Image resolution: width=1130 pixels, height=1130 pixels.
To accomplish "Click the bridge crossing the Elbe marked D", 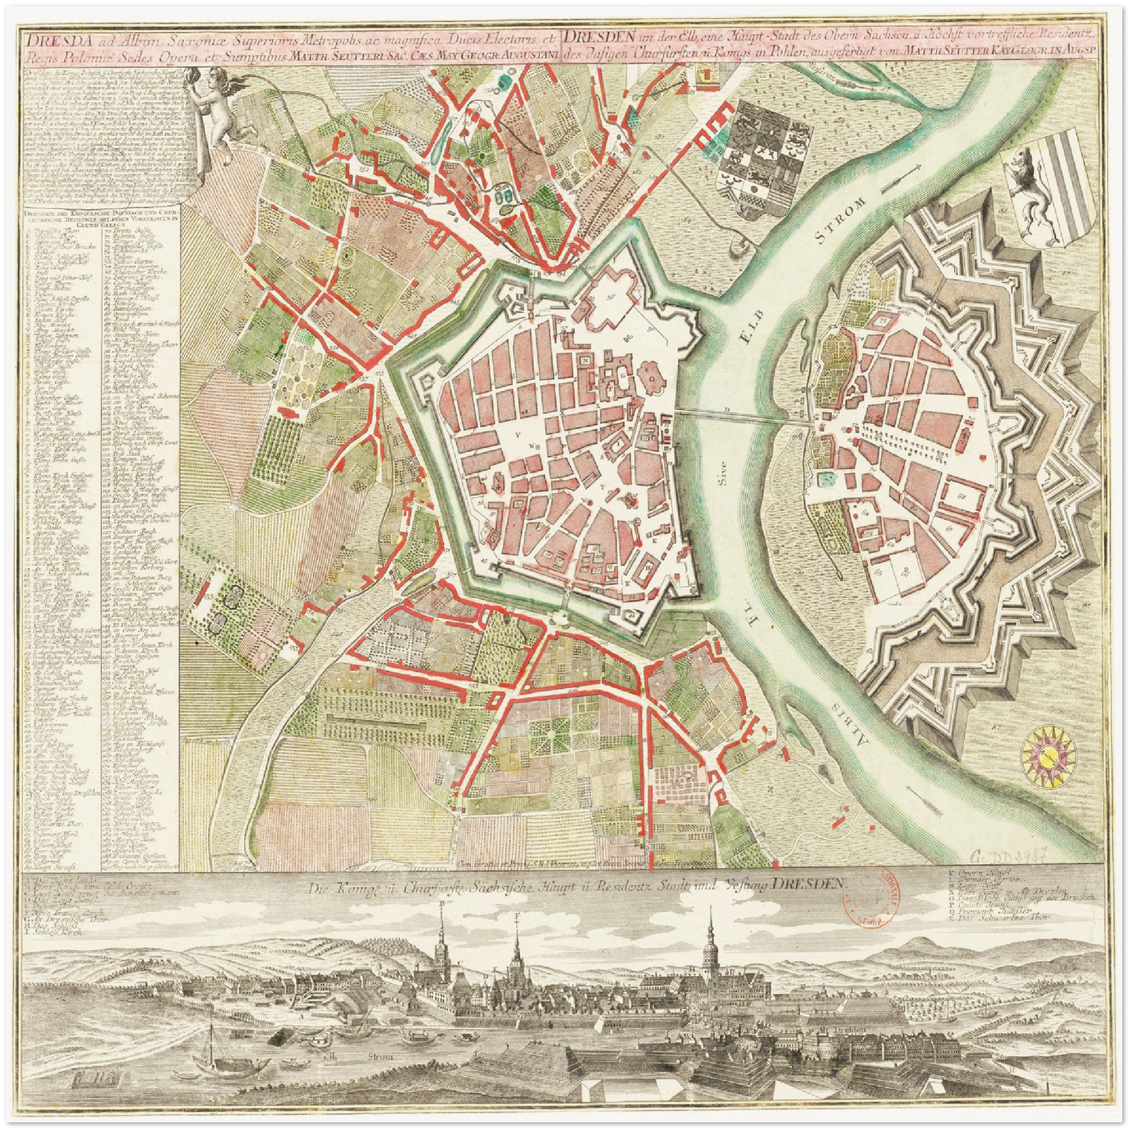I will (743, 416).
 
